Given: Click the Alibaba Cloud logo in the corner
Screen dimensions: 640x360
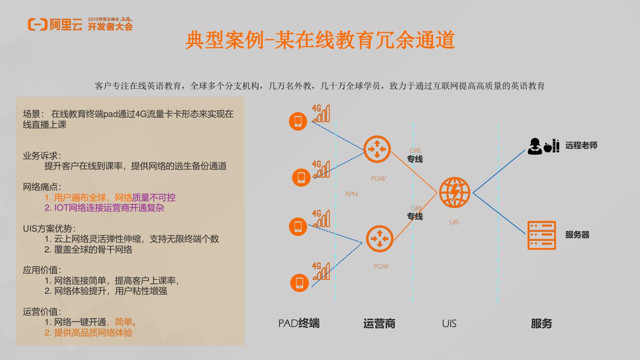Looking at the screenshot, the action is point(55,24).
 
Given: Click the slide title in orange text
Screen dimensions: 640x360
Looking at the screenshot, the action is point(320,40).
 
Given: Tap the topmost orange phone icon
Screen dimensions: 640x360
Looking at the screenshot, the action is point(298,121).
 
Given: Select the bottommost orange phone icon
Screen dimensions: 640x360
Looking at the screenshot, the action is point(300,283).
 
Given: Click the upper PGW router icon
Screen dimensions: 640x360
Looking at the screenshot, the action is point(377,149).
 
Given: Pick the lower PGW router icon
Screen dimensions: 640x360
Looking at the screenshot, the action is point(380,239).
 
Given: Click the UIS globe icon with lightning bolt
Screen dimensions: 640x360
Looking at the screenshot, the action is point(454,192).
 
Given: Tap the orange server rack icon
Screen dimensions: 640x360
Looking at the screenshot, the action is point(541,235).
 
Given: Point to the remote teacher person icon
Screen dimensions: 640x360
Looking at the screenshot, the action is point(535,146).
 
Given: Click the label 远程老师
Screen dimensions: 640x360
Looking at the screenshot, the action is point(581,145).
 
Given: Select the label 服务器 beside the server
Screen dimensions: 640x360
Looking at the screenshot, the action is point(577,235).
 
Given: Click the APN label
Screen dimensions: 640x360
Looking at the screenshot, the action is point(351,194).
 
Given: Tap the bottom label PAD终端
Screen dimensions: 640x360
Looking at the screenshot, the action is point(299,324).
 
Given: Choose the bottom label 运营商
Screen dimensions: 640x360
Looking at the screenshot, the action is point(379,324).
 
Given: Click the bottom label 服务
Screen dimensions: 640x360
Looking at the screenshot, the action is point(541,324).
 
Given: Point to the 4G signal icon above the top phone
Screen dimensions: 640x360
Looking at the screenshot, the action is point(320,113).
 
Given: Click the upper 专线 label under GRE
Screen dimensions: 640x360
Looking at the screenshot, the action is point(415,159).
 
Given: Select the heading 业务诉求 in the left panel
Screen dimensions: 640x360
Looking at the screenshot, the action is point(42,156).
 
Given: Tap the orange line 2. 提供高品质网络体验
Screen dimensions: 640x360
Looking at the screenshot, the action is point(88,332).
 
